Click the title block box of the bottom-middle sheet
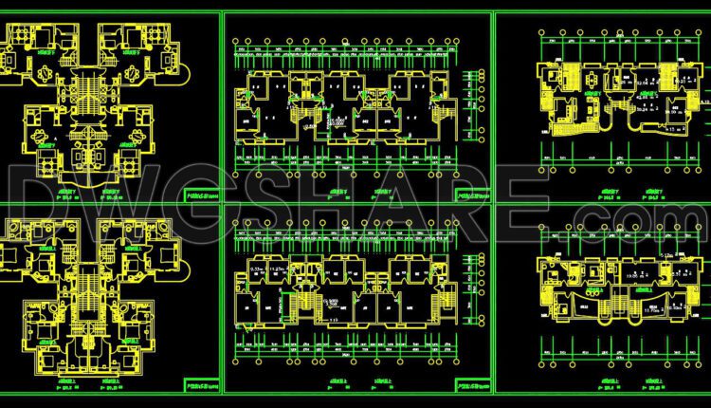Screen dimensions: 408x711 coord(472,386)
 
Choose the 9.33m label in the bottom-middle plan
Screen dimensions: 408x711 coord(256,269)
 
